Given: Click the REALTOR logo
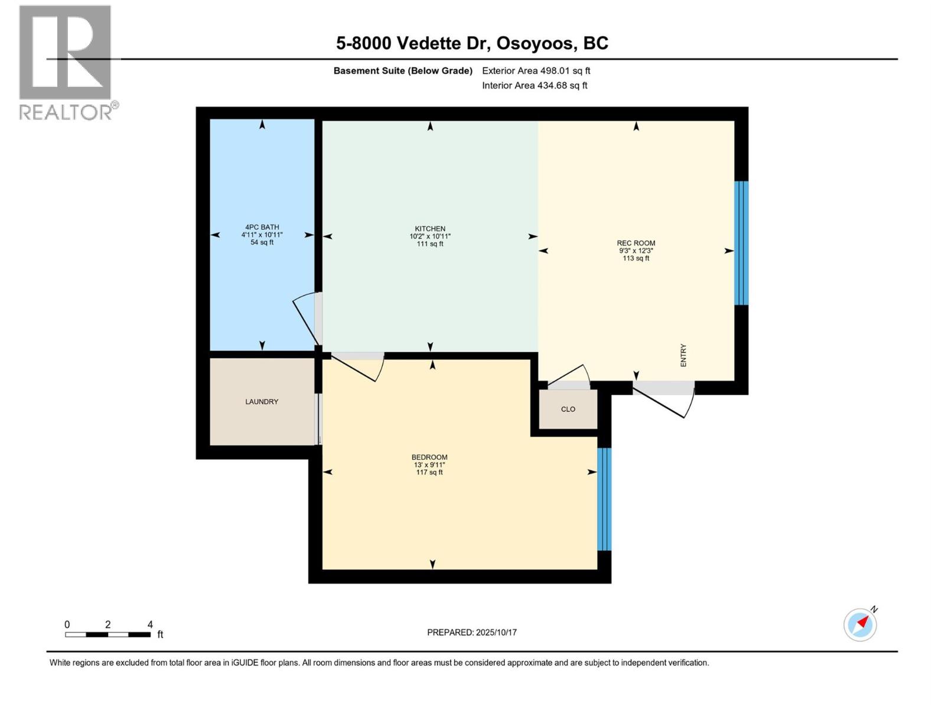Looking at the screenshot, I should [x=66, y=62].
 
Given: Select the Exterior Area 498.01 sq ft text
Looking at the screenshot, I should [x=536, y=71].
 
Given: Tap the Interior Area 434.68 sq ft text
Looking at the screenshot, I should [x=535, y=86].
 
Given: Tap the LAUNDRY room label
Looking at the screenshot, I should [x=262, y=402].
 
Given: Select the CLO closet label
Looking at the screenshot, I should [x=568, y=409].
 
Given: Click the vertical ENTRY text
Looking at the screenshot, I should [x=683, y=355].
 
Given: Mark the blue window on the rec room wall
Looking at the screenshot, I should [x=741, y=243].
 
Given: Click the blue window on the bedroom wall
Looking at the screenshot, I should [x=604, y=499].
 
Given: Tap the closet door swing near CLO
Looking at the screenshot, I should [x=569, y=376].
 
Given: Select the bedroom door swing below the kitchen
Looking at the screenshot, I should [x=357, y=366].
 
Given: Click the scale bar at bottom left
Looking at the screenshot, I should [x=107, y=635].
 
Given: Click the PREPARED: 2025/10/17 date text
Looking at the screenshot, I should [x=472, y=632].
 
